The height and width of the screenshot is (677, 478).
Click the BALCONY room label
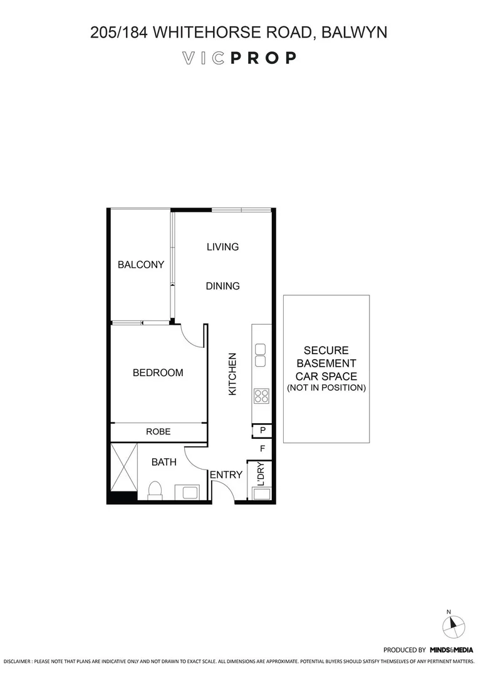pyautogui.click(x=141, y=265)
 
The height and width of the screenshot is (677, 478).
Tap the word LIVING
pyautogui.click(x=222, y=247)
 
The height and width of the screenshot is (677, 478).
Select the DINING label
pyautogui.click(x=222, y=286)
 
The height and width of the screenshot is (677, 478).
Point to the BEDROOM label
pyautogui.click(x=158, y=372)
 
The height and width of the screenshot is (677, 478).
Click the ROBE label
pyautogui.click(x=158, y=432)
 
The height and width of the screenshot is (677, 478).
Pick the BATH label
pyautogui.click(x=164, y=462)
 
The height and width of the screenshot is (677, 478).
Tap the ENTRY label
pyautogui.click(x=226, y=475)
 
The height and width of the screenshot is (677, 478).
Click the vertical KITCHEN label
pyautogui.click(x=232, y=374)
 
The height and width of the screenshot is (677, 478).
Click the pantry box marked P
pyautogui.click(x=262, y=431)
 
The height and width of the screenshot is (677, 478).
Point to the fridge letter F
pyautogui.click(x=262, y=448)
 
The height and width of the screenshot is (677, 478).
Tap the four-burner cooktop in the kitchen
pyautogui.click(x=261, y=396)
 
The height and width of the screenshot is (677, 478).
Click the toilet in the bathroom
pyautogui.click(x=155, y=490)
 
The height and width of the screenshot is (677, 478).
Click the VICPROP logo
pyautogui.click(x=239, y=58)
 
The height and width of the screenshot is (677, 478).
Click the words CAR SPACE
pyautogui.click(x=326, y=376)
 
